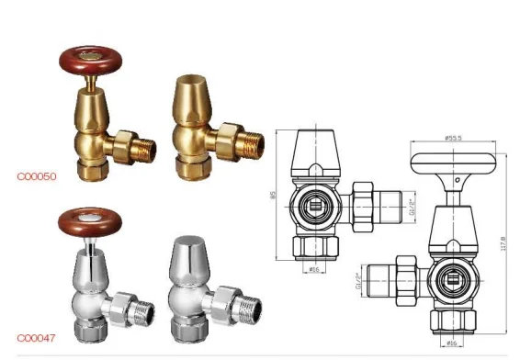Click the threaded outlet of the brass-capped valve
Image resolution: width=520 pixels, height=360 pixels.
pos(249,142)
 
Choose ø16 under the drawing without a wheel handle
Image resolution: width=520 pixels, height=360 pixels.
pos(312,269)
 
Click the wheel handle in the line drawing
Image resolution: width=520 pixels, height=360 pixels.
pos(451,163)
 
